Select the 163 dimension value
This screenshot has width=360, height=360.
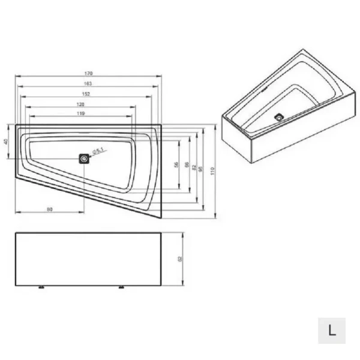coord(88,83)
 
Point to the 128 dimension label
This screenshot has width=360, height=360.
coord(80,104)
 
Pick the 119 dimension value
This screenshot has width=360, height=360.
coord(79,113)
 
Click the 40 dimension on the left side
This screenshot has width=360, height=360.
coord(6,142)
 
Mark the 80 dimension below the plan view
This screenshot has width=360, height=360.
coord(50,209)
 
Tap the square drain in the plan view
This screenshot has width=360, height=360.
coord(84,159)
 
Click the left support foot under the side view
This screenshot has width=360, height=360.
coord(41,287)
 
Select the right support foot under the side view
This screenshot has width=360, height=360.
coord(122,287)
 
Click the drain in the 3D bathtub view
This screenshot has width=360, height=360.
coord(279,117)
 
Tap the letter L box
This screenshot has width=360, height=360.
coord(332,329)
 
